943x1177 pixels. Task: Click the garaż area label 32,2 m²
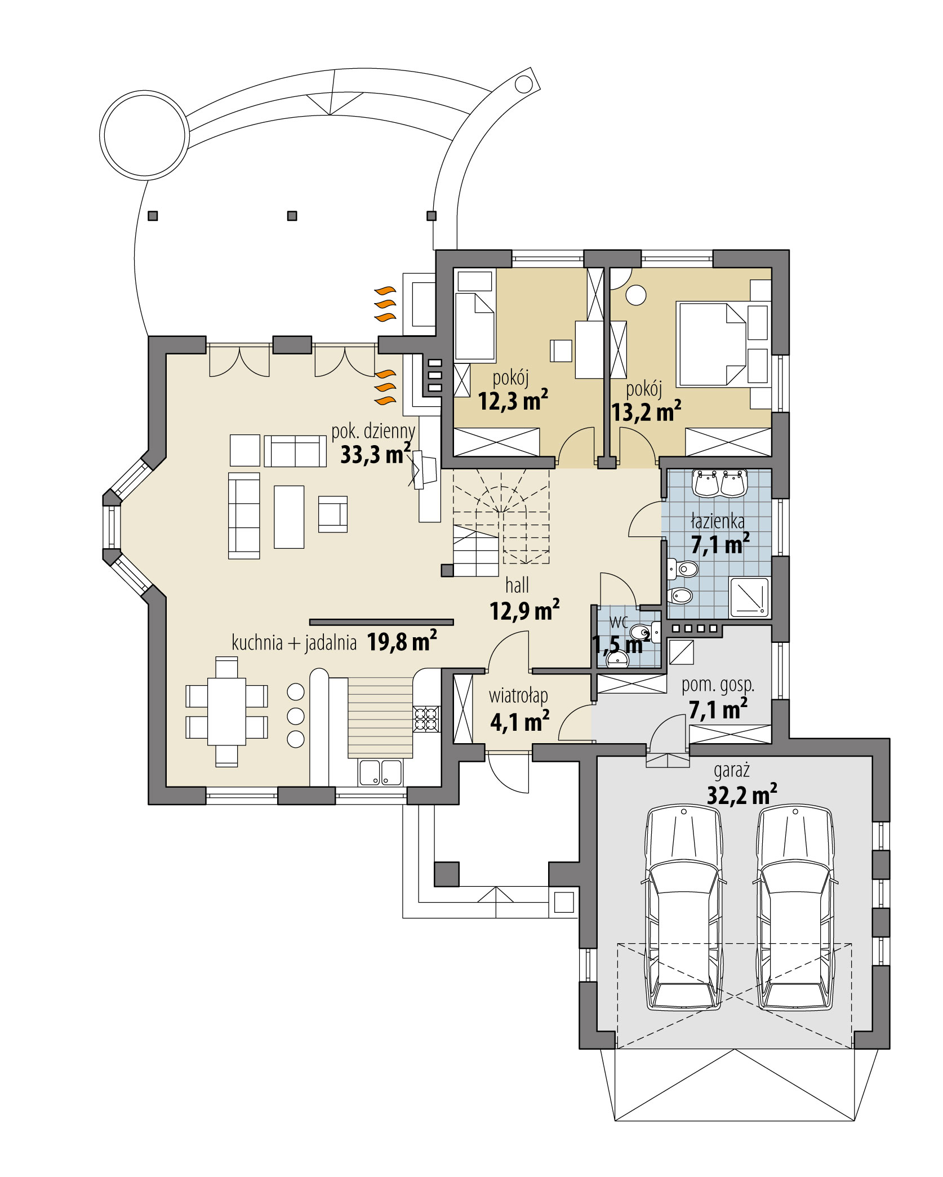[x=741, y=795]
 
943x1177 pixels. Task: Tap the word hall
[x=517, y=585]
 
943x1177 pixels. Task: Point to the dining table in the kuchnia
[x=226, y=712]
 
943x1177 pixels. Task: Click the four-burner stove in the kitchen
[x=426, y=718]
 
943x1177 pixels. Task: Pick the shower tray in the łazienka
[x=749, y=597]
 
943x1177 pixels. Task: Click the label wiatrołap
[x=518, y=696]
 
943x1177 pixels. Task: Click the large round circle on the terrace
[x=144, y=134]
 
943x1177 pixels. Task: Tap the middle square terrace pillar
[x=292, y=216]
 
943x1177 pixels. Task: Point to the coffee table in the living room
[x=289, y=517]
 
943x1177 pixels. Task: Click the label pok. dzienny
[x=373, y=431]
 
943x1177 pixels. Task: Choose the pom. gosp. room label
[x=718, y=685]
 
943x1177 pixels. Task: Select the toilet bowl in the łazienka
[x=684, y=569]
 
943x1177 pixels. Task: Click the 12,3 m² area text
[x=513, y=401]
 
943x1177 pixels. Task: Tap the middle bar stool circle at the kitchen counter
[x=296, y=716]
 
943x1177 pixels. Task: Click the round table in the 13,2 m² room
[x=637, y=295]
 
